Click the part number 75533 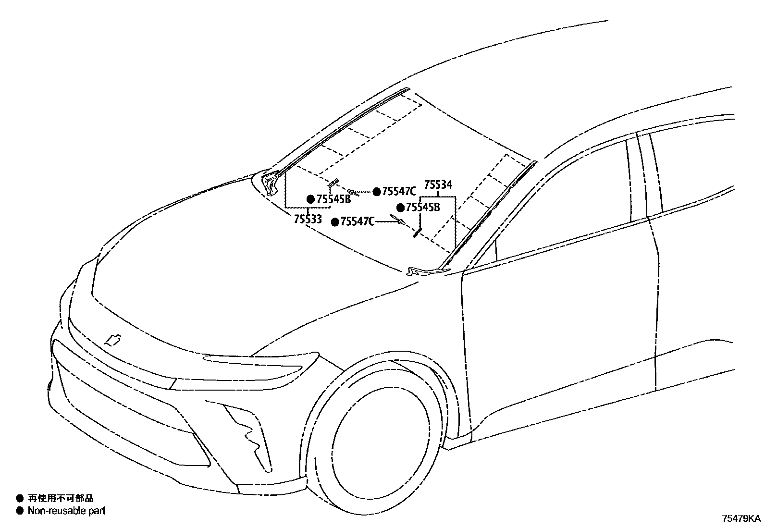[x=308, y=219]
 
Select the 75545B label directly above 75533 [x=333, y=199]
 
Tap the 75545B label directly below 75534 [x=423, y=208]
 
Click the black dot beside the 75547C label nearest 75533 [x=335, y=222]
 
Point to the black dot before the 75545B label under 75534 [x=400, y=208]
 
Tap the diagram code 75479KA [x=741, y=519]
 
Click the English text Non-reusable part [x=66, y=511]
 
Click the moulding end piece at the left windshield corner [x=270, y=184]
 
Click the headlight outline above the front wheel [x=262, y=365]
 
